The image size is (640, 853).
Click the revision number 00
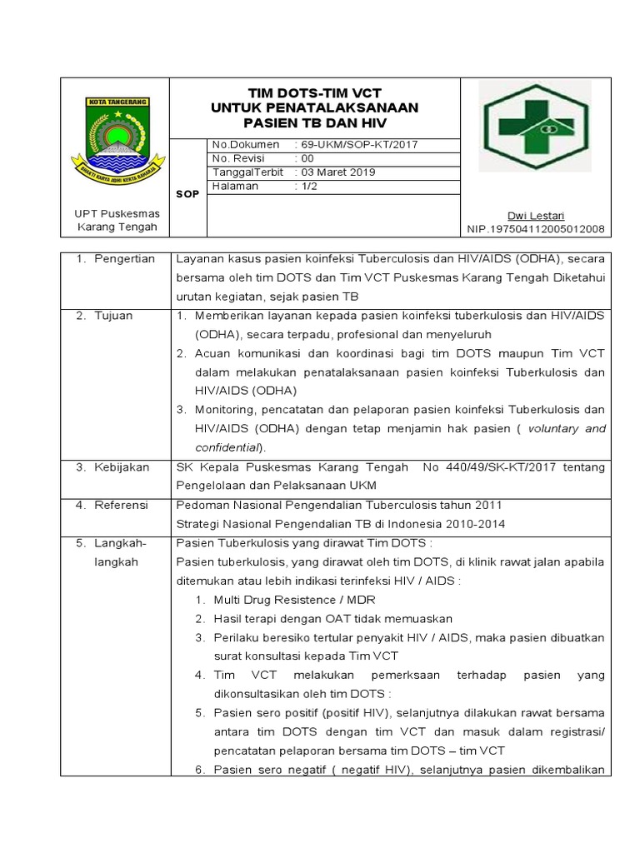(307, 158)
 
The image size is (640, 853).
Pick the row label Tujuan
(115, 317)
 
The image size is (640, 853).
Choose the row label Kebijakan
(122, 467)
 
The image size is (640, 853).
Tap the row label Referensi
(121, 505)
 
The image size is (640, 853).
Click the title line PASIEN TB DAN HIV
(314, 123)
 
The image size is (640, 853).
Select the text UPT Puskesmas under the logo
(115, 214)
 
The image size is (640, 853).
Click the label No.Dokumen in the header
(246, 144)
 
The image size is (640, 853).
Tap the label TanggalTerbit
(248, 172)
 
